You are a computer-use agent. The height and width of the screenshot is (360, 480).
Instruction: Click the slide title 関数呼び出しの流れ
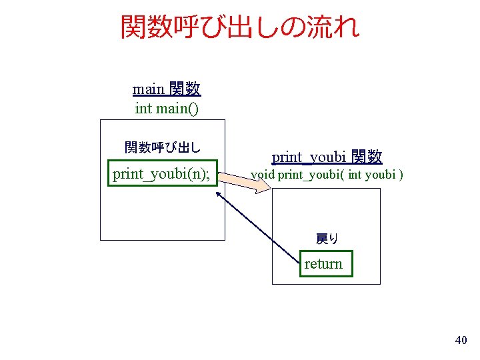[x=240, y=27]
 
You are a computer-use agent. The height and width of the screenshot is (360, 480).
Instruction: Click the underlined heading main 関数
[x=167, y=89]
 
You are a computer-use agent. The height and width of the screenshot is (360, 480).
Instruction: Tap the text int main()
[x=167, y=107]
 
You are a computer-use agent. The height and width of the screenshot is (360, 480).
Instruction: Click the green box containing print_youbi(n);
[x=162, y=174]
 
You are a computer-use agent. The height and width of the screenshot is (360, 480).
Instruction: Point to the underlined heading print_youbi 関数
[x=327, y=157]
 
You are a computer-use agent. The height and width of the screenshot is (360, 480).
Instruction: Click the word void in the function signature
[x=262, y=175]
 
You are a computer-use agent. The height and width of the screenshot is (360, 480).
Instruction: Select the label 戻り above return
[x=327, y=238]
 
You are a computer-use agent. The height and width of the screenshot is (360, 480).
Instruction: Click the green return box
[x=325, y=264]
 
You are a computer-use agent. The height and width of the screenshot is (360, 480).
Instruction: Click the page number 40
[x=460, y=341]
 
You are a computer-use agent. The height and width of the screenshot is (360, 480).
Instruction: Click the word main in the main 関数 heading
[x=149, y=89]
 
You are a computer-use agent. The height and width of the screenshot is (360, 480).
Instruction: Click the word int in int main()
[x=143, y=107]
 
